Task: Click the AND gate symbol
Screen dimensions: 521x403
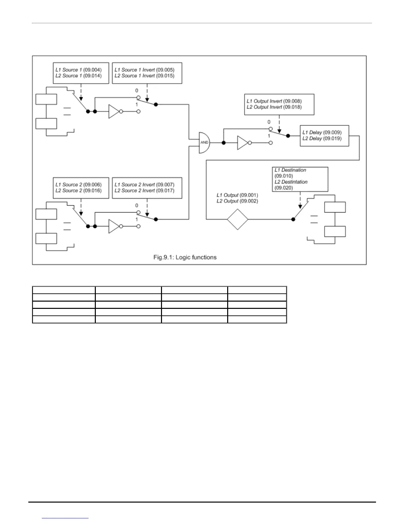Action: click(x=204, y=142)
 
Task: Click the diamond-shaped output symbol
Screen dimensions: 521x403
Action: click(x=237, y=219)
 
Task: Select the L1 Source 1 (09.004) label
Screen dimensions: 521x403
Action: click(x=78, y=70)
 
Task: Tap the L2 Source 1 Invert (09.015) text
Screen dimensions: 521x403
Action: click(x=144, y=76)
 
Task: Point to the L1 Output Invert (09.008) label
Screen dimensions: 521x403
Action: click(x=274, y=101)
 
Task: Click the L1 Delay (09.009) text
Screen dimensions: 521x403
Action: click(x=322, y=132)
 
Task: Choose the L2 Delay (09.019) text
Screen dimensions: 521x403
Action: click(x=322, y=138)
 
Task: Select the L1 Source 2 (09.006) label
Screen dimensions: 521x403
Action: click(x=78, y=185)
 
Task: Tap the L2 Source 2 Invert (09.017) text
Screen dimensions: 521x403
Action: click(x=144, y=190)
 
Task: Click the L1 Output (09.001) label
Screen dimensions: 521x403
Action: click(x=237, y=195)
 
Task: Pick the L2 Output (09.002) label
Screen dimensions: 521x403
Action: click(x=237, y=201)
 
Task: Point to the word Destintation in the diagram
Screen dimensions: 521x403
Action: click(x=294, y=182)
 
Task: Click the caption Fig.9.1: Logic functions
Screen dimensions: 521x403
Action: click(x=185, y=257)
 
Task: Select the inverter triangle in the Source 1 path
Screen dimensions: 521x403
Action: click(x=114, y=112)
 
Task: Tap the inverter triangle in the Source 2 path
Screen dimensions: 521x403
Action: click(x=114, y=226)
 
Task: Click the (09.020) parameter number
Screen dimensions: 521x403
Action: click(x=283, y=188)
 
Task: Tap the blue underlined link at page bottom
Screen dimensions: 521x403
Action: click(x=66, y=518)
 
